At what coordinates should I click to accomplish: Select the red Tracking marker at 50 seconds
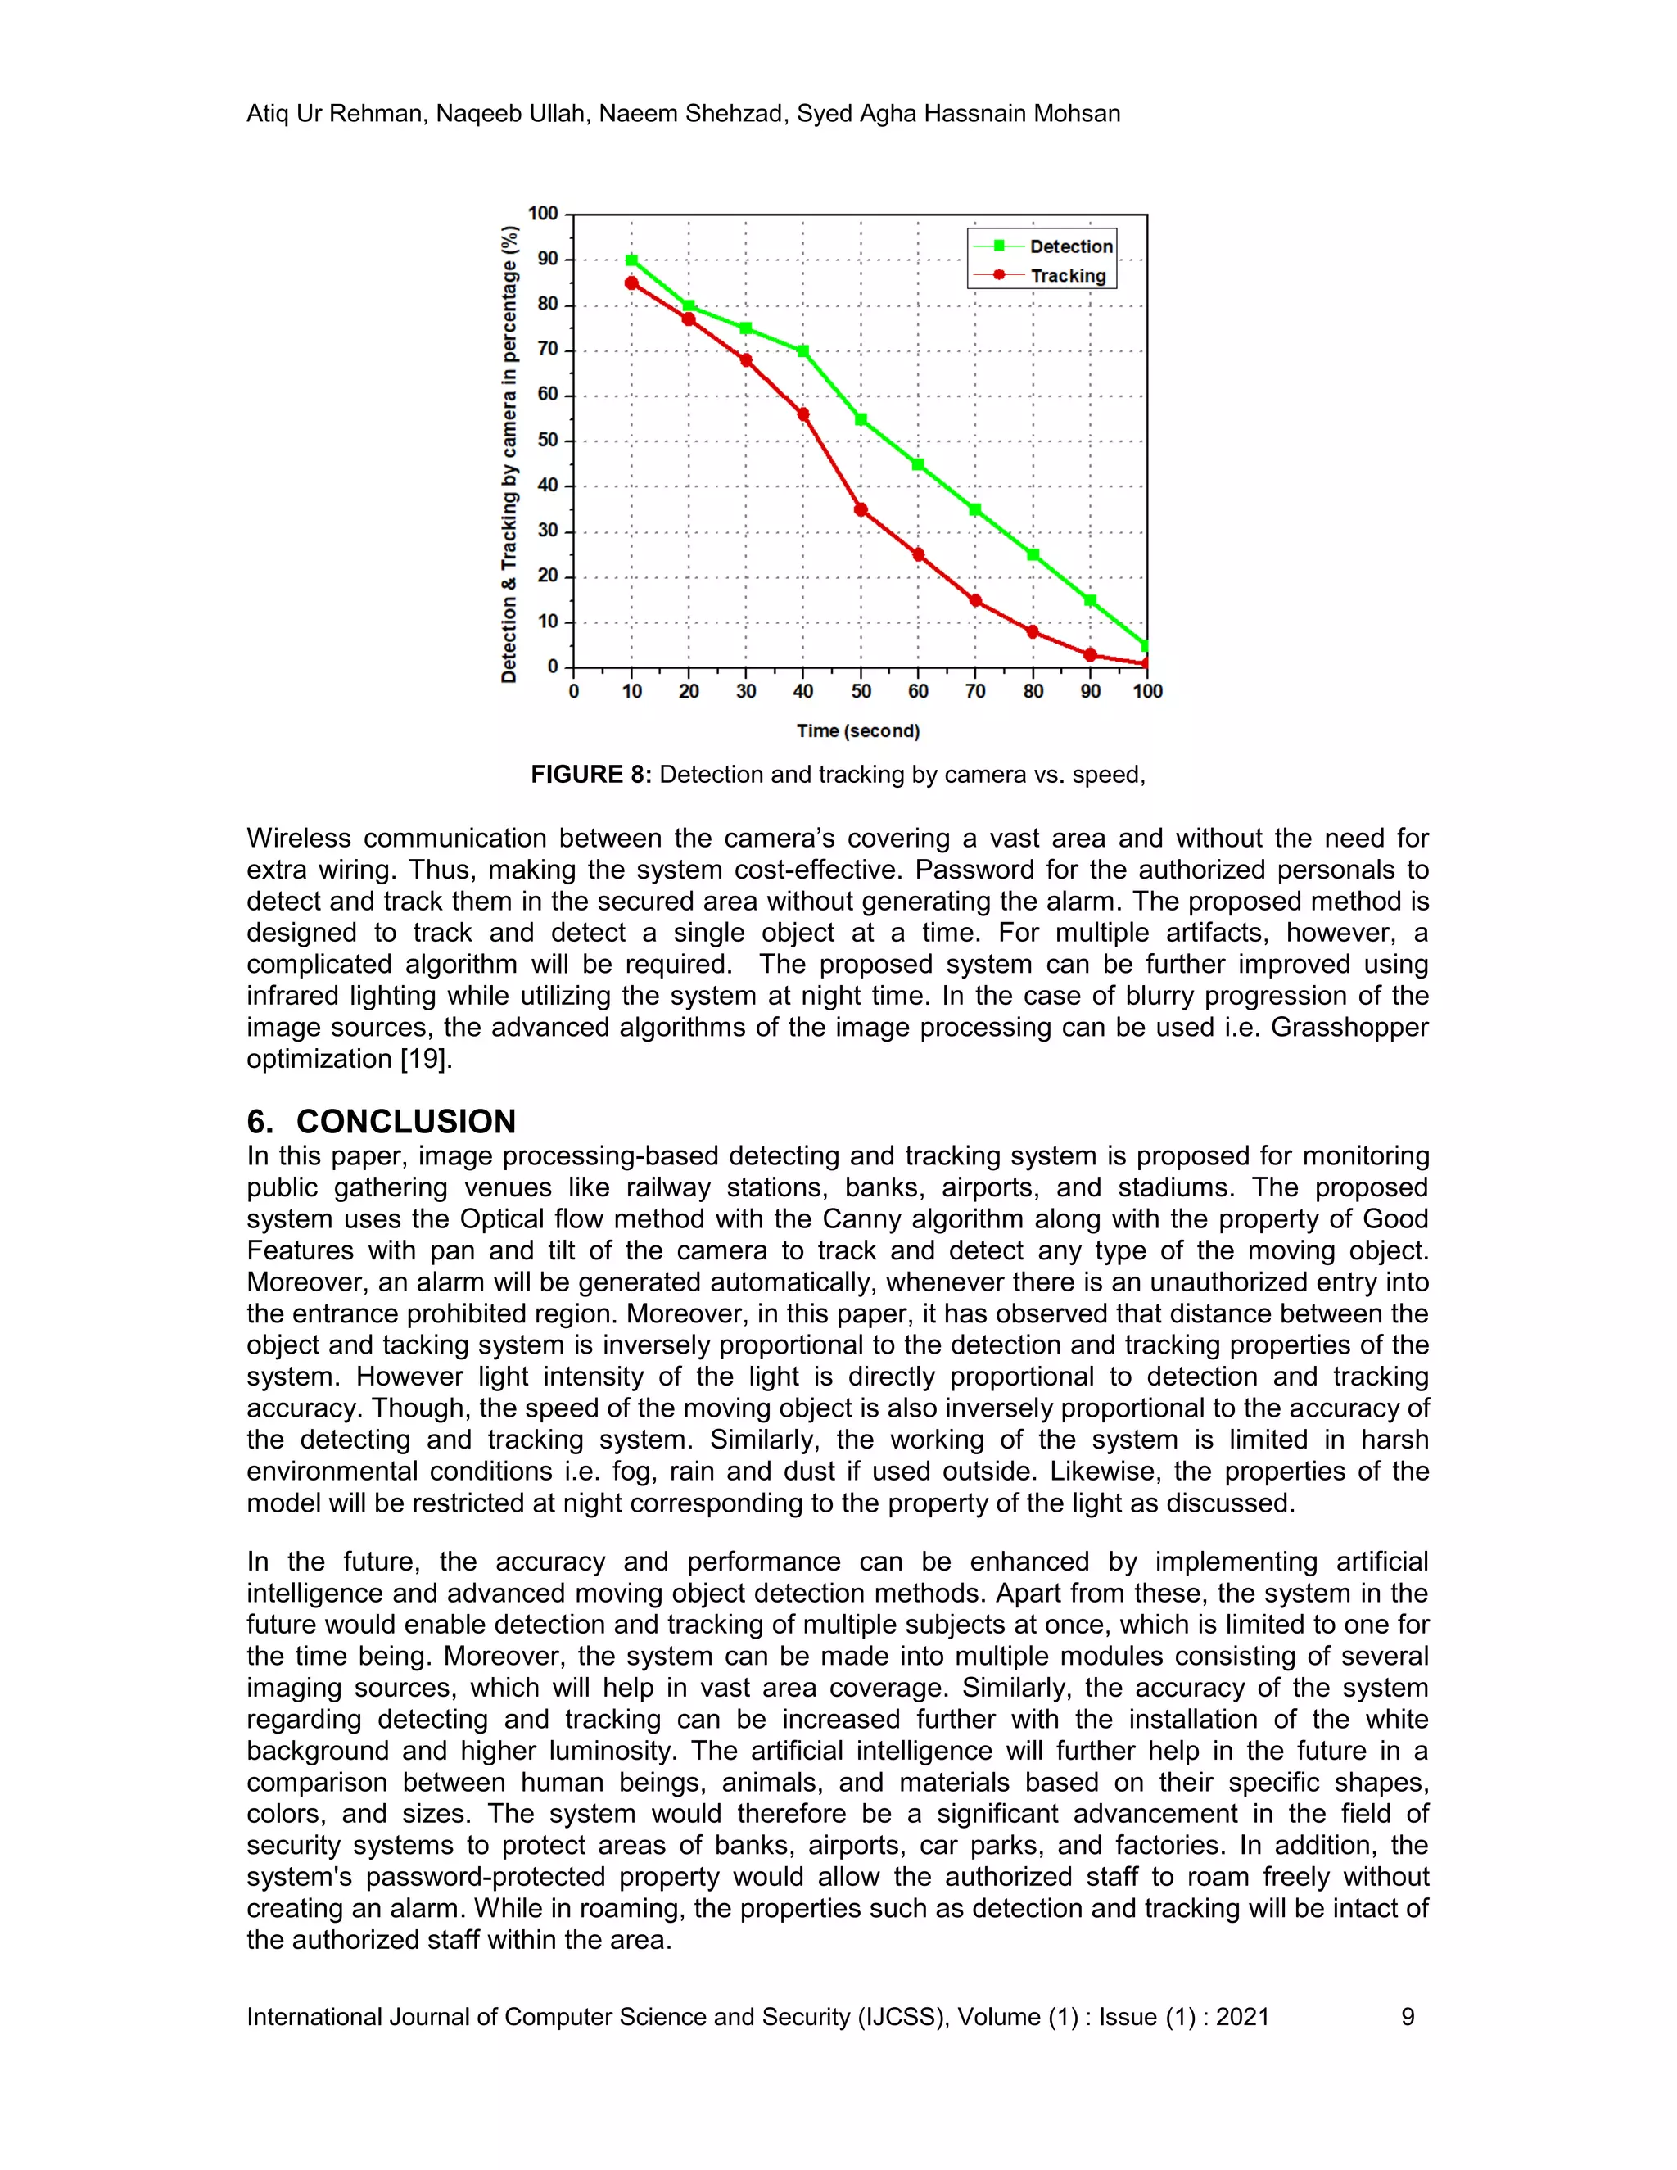click(x=861, y=509)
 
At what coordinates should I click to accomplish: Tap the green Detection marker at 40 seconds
click(x=802, y=350)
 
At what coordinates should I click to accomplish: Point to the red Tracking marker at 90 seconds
click(x=1090, y=655)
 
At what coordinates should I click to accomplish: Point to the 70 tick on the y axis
click(x=548, y=350)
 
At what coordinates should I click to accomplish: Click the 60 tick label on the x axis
click(x=918, y=692)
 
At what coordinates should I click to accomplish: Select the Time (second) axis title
click(x=858, y=731)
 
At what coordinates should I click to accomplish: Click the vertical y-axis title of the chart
click(x=509, y=454)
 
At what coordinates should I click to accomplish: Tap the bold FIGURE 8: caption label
click(x=590, y=775)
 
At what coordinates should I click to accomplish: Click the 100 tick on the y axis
click(x=544, y=214)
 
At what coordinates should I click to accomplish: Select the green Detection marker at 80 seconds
click(x=1033, y=554)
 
